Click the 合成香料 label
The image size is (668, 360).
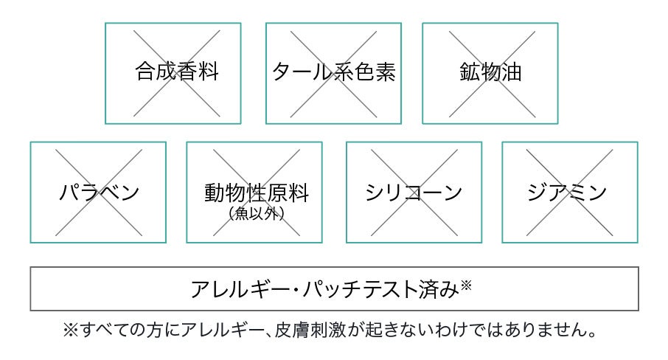(x=177, y=72)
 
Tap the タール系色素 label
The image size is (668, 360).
(x=334, y=72)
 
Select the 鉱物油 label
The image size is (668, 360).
(x=490, y=72)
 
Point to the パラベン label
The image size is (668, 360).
(x=99, y=193)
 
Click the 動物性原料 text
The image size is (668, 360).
(x=256, y=193)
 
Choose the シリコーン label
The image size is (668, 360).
(x=414, y=193)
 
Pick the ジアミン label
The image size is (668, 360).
(x=568, y=193)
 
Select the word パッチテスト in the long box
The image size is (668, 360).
(x=347, y=288)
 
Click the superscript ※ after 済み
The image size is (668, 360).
(x=466, y=284)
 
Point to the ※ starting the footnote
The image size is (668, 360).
(x=72, y=329)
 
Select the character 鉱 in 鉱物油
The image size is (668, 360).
(x=469, y=72)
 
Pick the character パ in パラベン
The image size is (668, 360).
(x=69, y=193)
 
